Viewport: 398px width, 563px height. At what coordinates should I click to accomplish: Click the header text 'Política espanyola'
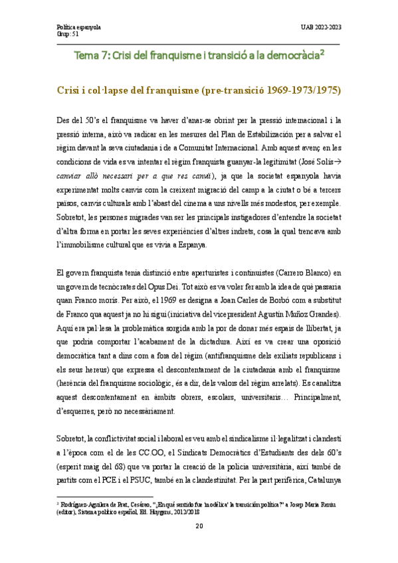click(x=78, y=27)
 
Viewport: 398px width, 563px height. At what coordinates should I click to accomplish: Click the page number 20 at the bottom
click(x=199, y=545)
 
